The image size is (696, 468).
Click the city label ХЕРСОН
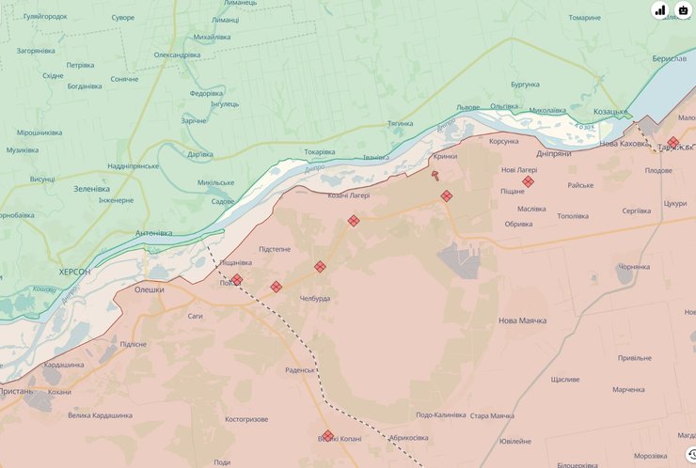[x=74, y=271]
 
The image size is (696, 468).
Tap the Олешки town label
[x=149, y=289]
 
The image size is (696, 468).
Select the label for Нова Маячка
[x=522, y=320]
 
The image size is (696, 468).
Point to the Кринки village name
[x=445, y=157]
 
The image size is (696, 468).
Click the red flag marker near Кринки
[x=435, y=175]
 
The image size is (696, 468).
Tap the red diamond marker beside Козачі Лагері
[x=354, y=221]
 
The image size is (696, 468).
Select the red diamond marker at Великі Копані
[x=327, y=436]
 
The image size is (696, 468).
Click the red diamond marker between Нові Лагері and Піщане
[x=529, y=181]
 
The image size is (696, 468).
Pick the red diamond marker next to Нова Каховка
[x=673, y=142]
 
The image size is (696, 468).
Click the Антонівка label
[x=154, y=233]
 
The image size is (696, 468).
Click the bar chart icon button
[x=659, y=10]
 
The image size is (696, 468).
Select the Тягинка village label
[x=400, y=123]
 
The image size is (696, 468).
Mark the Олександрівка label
[x=177, y=55]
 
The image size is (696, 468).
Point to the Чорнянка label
[x=634, y=267]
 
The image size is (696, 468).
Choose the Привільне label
[x=635, y=357]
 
